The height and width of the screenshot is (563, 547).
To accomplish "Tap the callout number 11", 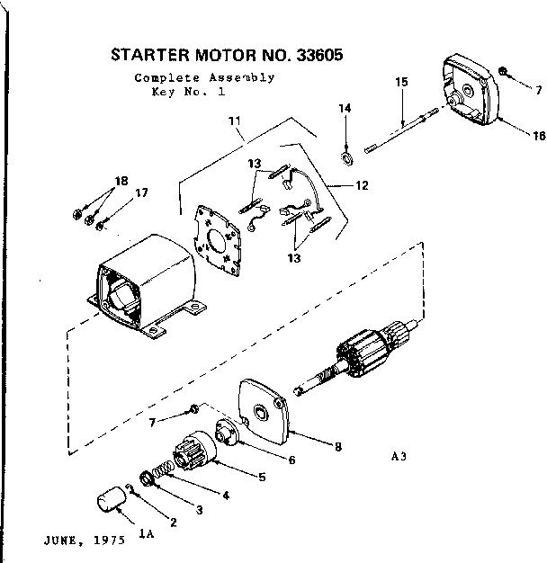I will click(x=235, y=121).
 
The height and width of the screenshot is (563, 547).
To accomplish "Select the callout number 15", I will click(x=401, y=82).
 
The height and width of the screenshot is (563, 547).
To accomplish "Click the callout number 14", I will click(x=344, y=109).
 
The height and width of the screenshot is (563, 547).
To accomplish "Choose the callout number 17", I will click(x=141, y=192).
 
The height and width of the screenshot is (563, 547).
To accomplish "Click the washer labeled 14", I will click(x=345, y=138).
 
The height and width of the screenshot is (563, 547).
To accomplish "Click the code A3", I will click(x=401, y=456).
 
